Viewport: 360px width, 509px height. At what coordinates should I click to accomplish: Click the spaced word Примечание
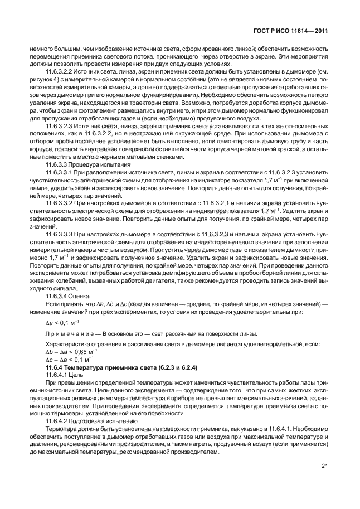coord(66,334)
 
